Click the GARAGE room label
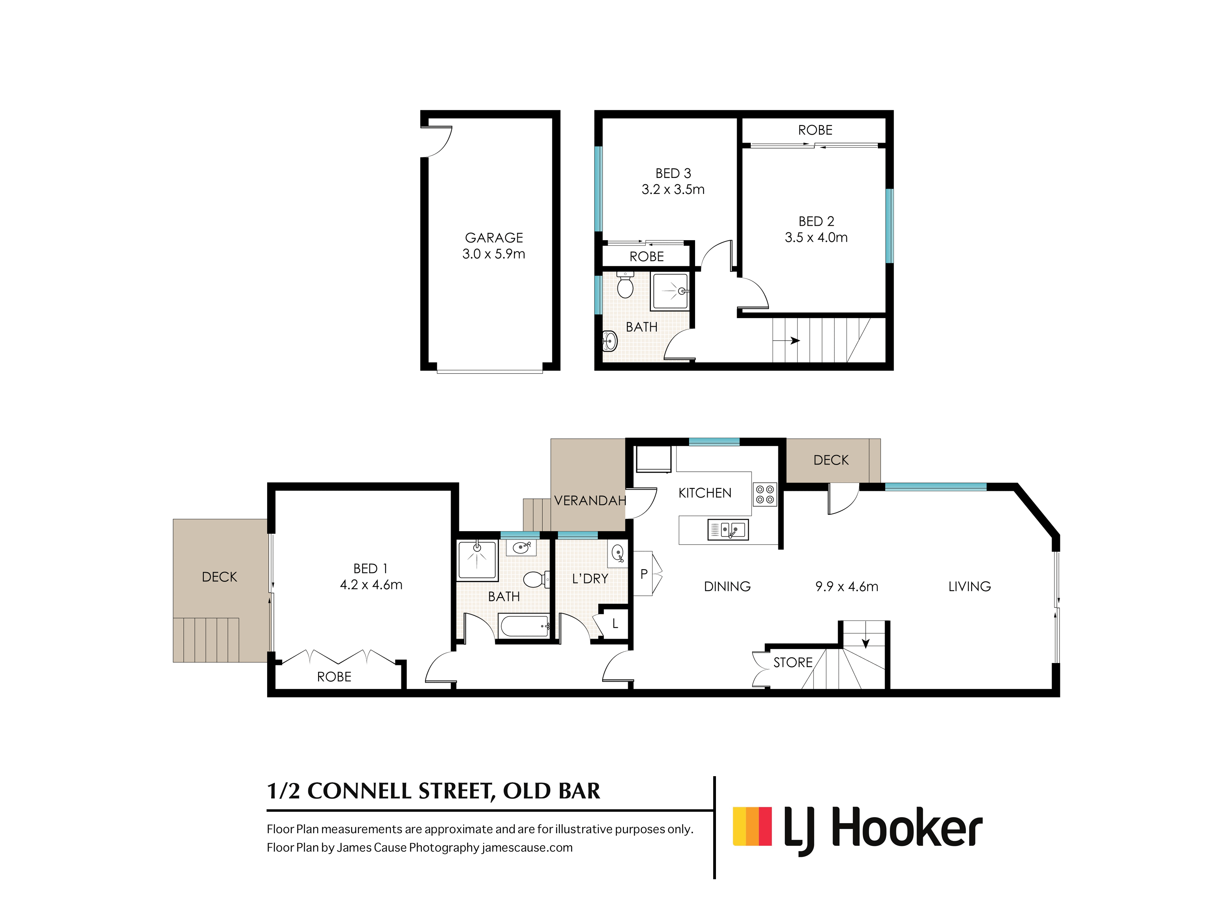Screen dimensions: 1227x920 tap(494, 238)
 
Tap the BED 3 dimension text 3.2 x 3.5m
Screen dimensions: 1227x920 tap(673, 190)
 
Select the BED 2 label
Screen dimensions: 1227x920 tap(816, 221)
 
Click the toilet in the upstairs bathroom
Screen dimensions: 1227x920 tap(625, 285)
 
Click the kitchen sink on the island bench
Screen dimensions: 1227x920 tap(728, 530)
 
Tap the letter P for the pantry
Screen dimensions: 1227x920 tap(644, 574)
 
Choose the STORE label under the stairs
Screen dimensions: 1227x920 tap(793, 663)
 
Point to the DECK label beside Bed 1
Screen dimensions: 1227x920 tap(219, 577)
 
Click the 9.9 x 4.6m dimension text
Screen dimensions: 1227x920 tap(846, 587)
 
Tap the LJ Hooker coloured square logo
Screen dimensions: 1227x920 tap(752, 826)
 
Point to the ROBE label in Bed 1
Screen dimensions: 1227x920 tap(334, 677)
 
